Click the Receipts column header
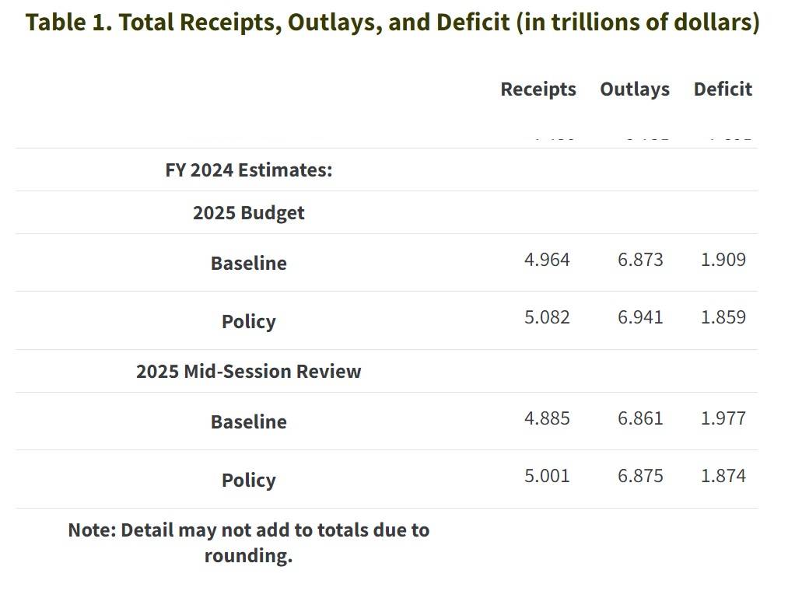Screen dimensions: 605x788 538,89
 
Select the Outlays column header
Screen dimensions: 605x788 635,89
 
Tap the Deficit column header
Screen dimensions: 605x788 723,89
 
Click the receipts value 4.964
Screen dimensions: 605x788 547,260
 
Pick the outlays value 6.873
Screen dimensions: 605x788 640,260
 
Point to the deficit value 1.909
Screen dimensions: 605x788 723,260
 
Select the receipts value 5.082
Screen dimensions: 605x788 547,317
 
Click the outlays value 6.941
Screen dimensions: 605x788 640,317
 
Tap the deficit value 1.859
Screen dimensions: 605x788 723,317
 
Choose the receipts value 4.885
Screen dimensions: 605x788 547,418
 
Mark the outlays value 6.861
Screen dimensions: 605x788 640,418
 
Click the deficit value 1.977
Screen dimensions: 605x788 723,418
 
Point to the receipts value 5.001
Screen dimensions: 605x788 547,476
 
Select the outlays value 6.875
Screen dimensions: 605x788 640,476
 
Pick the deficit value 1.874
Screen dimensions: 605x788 723,476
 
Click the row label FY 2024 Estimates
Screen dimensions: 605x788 249,170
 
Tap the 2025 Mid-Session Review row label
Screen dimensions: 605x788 249,371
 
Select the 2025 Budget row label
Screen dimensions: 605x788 249,213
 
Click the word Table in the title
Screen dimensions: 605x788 55,22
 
